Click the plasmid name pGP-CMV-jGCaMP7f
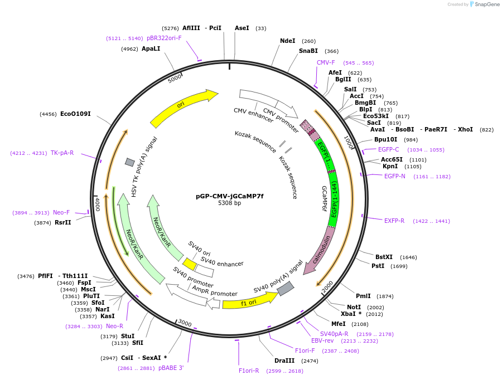click(x=229, y=196)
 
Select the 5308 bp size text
click(x=229, y=203)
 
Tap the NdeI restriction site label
click(x=288, y=41)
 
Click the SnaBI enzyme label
click(x=308, y=51)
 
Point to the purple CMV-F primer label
click(x=326, y=62)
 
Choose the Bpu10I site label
click(x=385, y=139)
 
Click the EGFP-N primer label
click(x=395, y=176)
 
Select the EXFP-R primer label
click(x=394, y=221)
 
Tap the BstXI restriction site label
click(x=384, y=257)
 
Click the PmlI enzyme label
click(x=363, y=296)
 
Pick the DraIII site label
click(x=284, y=360)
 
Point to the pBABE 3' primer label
click(x=171, y=368)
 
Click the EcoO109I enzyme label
click(x=75, y=114)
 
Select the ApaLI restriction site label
click(x=151, y=48)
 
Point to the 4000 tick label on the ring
click(x=97, y=203)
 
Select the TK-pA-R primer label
click(x=62, y=153)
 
